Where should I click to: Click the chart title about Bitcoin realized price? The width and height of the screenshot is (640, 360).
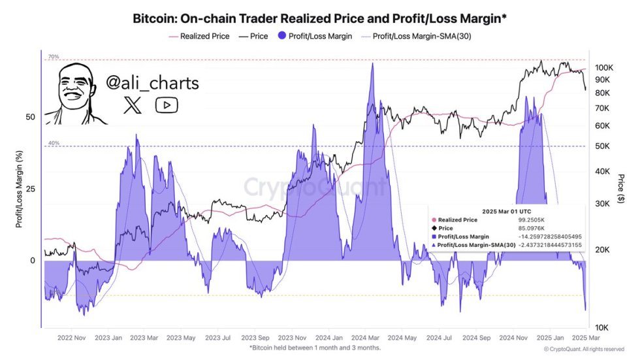pos(320,19)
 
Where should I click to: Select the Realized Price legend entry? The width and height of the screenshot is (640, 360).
pos(204,37)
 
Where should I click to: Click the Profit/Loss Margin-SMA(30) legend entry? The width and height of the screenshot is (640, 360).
pos(421,37)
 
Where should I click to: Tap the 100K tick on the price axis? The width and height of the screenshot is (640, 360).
pos(603,67)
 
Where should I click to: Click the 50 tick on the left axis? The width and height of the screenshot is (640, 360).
pos(29,118)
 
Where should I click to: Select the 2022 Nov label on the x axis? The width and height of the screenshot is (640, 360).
pos(71,338)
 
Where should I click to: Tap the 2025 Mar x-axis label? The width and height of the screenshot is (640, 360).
pos(585,338)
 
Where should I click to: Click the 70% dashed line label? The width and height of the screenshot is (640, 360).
pos(53,57)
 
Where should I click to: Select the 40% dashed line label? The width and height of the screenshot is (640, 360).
pos(53,143)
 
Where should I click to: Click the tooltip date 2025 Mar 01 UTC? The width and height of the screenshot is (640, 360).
pos(507,212)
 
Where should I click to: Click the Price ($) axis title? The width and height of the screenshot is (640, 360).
pos(620,189)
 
